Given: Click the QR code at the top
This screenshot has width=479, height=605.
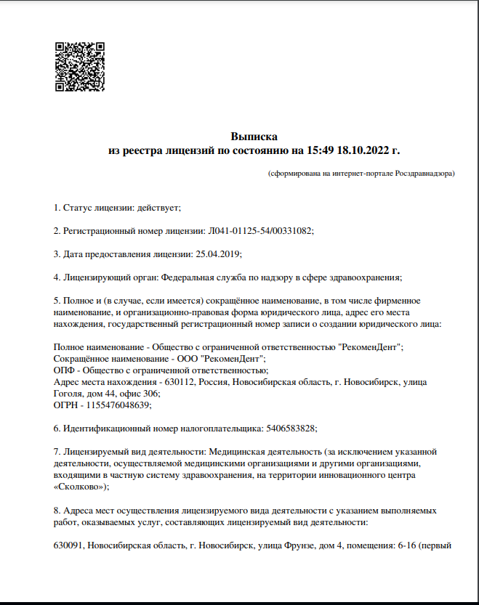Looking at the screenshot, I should click(80, 67).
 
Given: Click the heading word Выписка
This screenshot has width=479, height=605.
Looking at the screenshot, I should click(254, 137).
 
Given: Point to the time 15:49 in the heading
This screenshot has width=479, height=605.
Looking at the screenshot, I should click(318, 151).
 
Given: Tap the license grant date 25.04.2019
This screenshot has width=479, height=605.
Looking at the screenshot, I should click(218, 253).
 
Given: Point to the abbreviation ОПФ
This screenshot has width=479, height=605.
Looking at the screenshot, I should click(64, 370).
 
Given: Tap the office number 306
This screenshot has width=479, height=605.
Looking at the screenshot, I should click(151, 394).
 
